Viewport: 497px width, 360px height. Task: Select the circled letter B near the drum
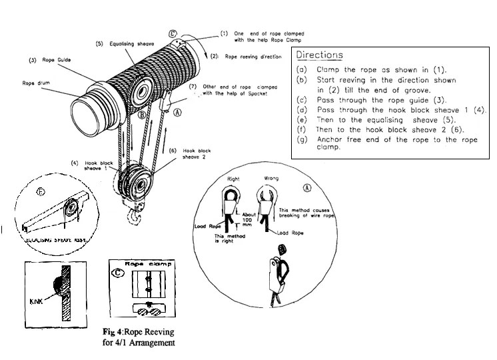(x=142, y=115)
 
